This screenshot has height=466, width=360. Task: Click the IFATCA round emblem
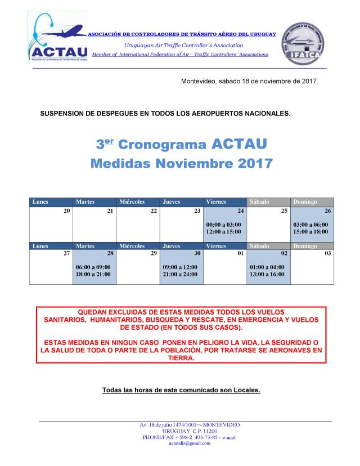click(x=303, y=42)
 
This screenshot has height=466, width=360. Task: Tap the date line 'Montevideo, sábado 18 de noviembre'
click(x=249, y=81)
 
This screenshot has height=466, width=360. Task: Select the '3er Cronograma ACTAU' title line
click(x=181, y=144)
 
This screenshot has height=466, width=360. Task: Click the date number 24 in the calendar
click(x=240, y=210)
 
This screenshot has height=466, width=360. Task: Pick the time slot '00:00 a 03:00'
click(x=224, y=224)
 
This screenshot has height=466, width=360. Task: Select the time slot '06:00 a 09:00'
click(x=93, y=267)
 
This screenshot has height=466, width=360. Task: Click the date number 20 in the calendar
click(x=67, y=210)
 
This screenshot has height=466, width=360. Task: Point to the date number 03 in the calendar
click(x=328, y=253)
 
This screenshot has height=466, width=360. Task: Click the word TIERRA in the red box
click(x=181, y=357)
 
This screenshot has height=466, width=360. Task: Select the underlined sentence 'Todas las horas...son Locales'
click(x=181, y=390)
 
